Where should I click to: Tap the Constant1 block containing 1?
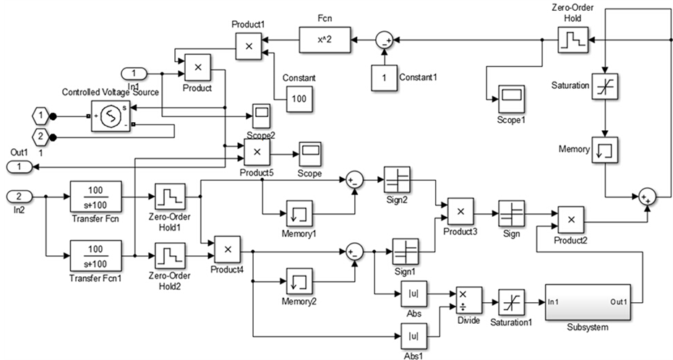point(385,77)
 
